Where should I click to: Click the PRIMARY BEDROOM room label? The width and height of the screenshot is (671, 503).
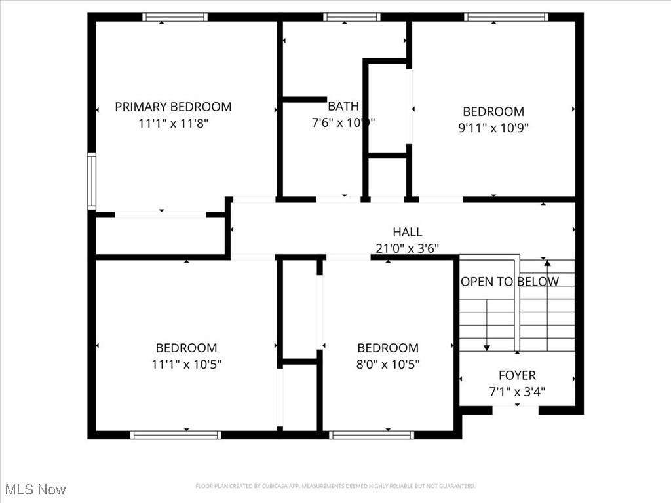tap(173, 107)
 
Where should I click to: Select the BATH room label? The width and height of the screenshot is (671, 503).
tap(343, 106)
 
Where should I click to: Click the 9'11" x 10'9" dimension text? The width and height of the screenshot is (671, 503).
tap(493, 128)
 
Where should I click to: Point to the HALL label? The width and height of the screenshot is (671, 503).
tap(407, 232)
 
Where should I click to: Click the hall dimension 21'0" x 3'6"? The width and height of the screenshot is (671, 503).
tap(407, 248)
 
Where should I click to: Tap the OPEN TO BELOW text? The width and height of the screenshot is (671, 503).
tap(510, 282)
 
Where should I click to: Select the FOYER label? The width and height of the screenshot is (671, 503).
tap(517, 375)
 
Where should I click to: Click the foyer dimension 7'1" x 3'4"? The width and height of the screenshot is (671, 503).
tap(517, 392)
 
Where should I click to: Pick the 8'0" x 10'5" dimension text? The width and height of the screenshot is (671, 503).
tap(388, 364)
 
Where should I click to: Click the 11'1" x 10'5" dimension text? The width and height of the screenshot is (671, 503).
tap(186, 364)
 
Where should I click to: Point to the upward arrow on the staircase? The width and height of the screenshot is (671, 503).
tap(547, 264)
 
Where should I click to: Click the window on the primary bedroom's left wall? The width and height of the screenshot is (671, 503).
tap(92, 181)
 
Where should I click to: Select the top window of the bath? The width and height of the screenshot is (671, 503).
tap(352, 17)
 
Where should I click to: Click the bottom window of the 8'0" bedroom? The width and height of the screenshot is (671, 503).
tap(372, 434)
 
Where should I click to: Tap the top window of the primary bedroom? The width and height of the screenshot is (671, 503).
tap(175, 17)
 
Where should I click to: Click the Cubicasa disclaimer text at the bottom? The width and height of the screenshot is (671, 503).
tap(335, 486)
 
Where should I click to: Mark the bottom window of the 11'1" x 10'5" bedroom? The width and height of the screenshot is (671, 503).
tap(176, 434)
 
